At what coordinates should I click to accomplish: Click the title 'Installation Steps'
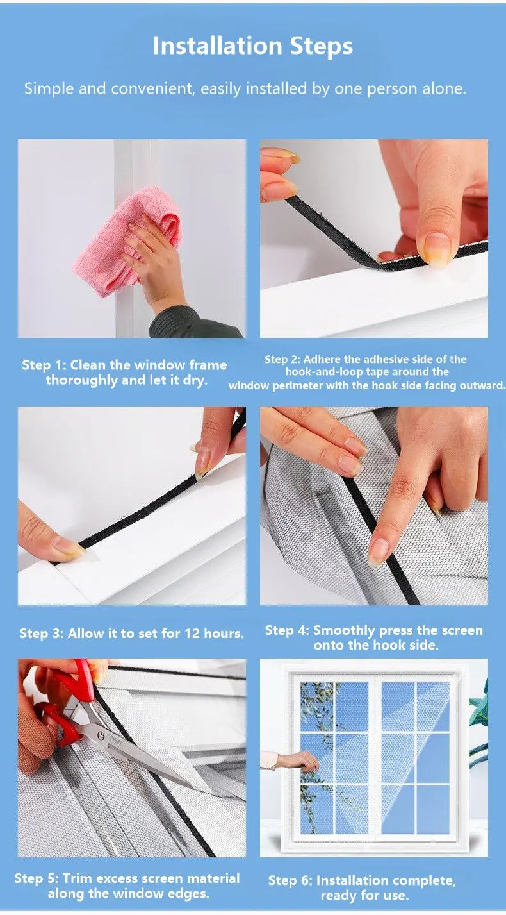pyautogui.click(x=252, y=46)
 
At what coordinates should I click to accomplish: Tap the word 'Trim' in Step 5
pyautogui.click(x=79, y=878)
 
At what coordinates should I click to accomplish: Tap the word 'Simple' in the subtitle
pyautogui.click(x=49, y=89)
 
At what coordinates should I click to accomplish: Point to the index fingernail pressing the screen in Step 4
pyautogui.click(x=379, y=551)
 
